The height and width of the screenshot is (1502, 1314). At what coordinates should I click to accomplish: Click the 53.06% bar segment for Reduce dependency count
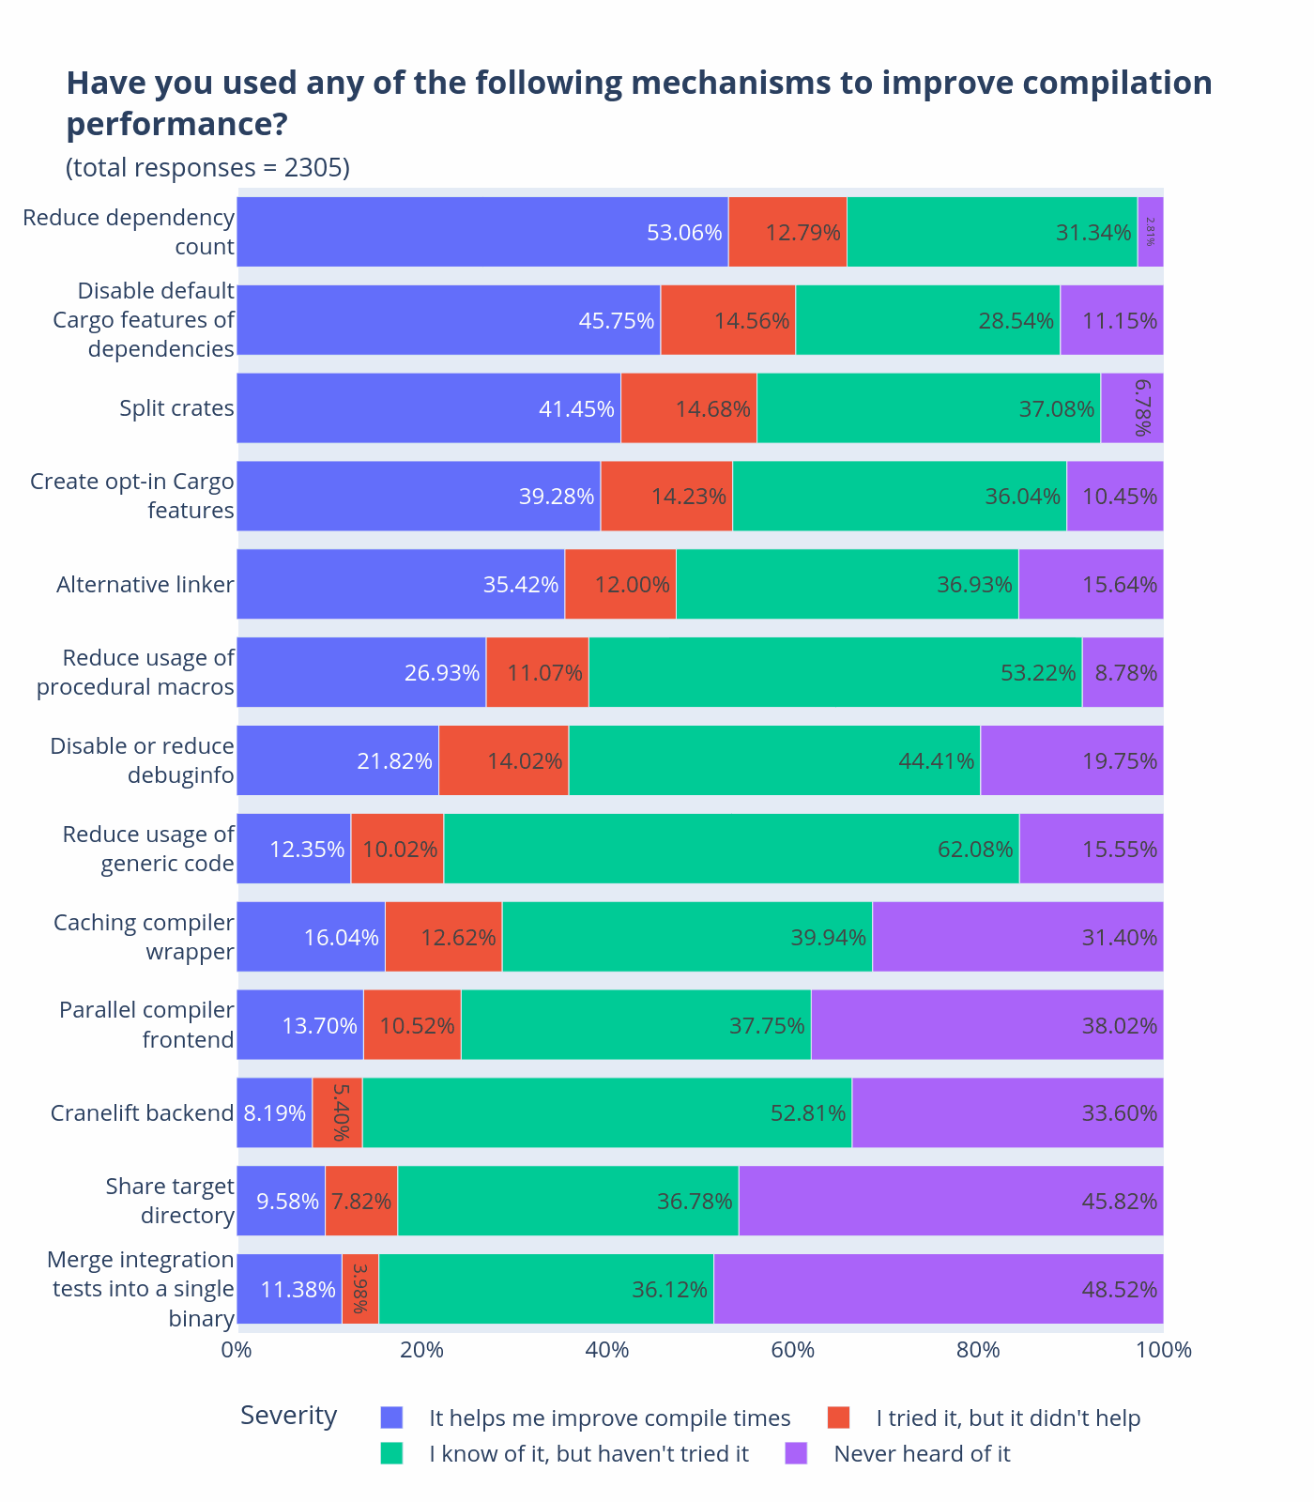(x=482, y=232)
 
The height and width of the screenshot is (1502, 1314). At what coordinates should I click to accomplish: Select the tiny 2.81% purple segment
(x=1150, y=232)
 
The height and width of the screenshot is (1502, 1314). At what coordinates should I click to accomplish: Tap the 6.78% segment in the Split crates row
(x=1132, y=408)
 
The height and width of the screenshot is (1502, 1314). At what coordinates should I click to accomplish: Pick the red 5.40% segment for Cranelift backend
(x=337, y=1113)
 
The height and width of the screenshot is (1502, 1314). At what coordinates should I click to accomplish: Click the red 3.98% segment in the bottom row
(x=360, y=1289)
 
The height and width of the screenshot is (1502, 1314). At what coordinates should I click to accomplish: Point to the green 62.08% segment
(x=731, y=850)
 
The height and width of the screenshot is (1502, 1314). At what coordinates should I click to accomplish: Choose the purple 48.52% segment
(x=939, y=1289)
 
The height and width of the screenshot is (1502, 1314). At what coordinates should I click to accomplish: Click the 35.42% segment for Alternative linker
(x=401, y=585)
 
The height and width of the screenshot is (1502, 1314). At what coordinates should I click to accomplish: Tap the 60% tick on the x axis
(x=793, y=1351)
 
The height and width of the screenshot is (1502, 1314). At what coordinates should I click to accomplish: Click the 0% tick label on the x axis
(x=236, y=1351)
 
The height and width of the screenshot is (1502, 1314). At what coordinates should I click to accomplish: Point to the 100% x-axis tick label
(x=1164, y=1351)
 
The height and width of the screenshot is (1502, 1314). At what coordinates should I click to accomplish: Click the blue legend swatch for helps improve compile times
(x=391, y=1418)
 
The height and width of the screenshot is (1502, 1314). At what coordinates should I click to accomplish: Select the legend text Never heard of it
(x=922, y=1454)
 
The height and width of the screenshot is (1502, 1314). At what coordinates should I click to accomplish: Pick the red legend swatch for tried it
(x=838, y=1418)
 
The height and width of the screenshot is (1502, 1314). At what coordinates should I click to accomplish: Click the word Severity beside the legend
(x=288, y=1416)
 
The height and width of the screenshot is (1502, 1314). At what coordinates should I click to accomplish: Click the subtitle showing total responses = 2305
(x=207, y=168)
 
